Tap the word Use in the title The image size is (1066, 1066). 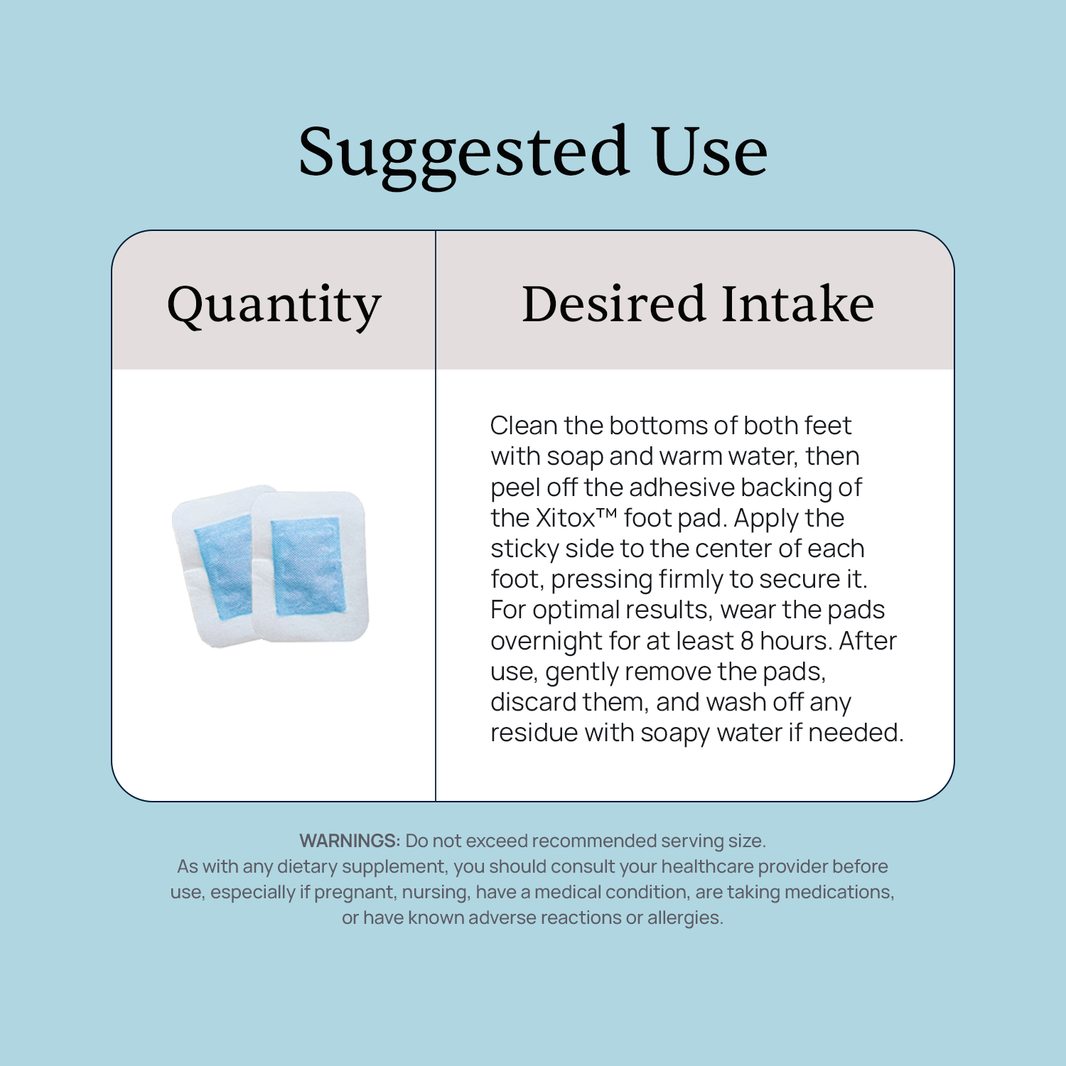[710, 151]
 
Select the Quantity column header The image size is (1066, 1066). [274, 306]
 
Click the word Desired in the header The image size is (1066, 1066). [613, 303]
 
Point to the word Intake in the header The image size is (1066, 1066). [798, 303]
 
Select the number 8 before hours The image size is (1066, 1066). [747, 641]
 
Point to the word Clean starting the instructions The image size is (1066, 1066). [524, 425]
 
